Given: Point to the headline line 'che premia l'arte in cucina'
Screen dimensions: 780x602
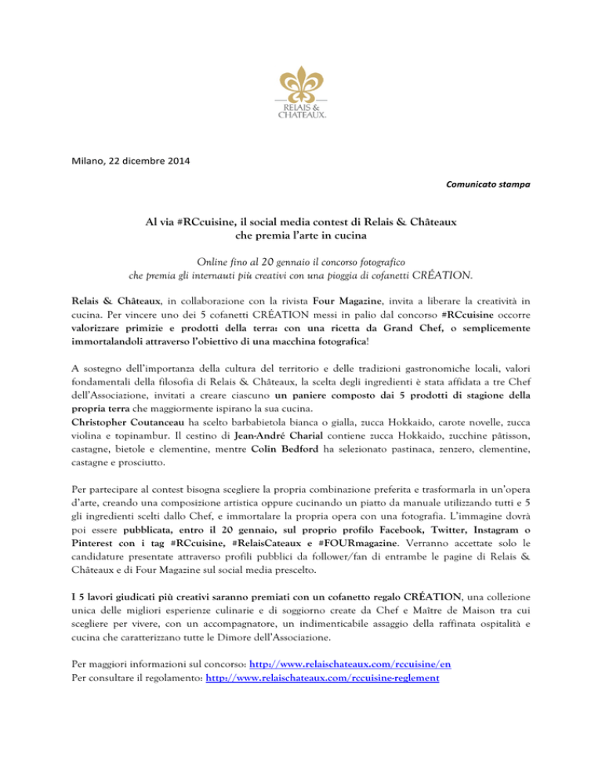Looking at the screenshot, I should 301,236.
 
